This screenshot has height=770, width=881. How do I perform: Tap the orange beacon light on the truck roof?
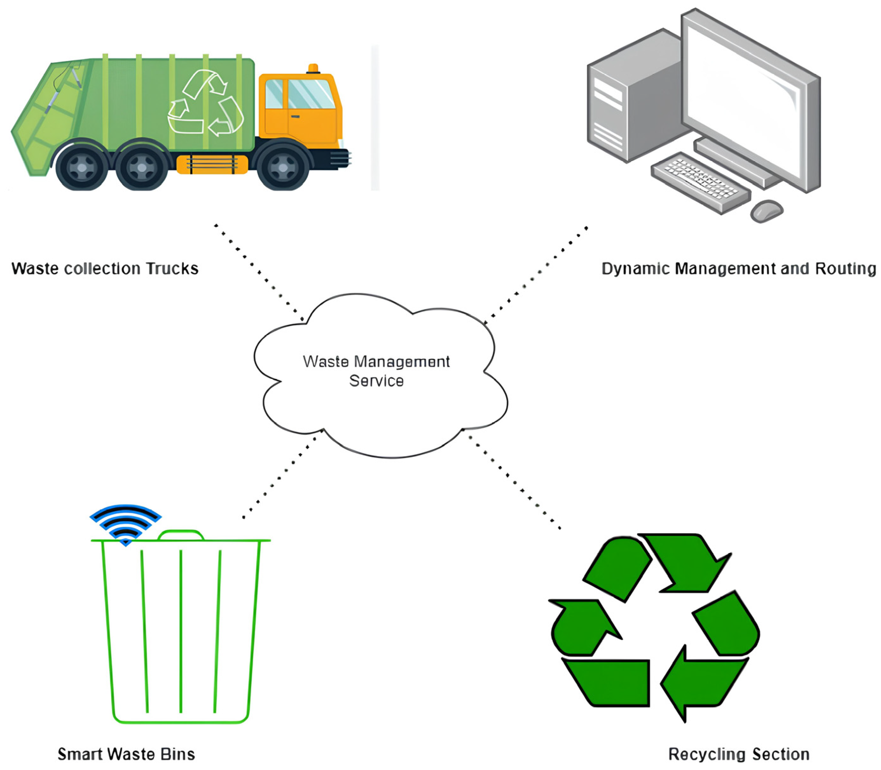pyautogui.click(x=313, y=68)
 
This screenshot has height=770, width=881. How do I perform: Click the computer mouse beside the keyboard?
pyautogui.click(x=766, y=210)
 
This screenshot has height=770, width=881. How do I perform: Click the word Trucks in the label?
pyautogui.click(x=172, y=269)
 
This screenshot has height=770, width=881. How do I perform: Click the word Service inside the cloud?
pyautogui.click(x=376, y=381)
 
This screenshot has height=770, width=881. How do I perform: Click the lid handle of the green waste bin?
pyautogui.click(x=181, y=534)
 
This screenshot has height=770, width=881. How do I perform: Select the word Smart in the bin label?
pyautogui.click(x=79, y=754)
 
